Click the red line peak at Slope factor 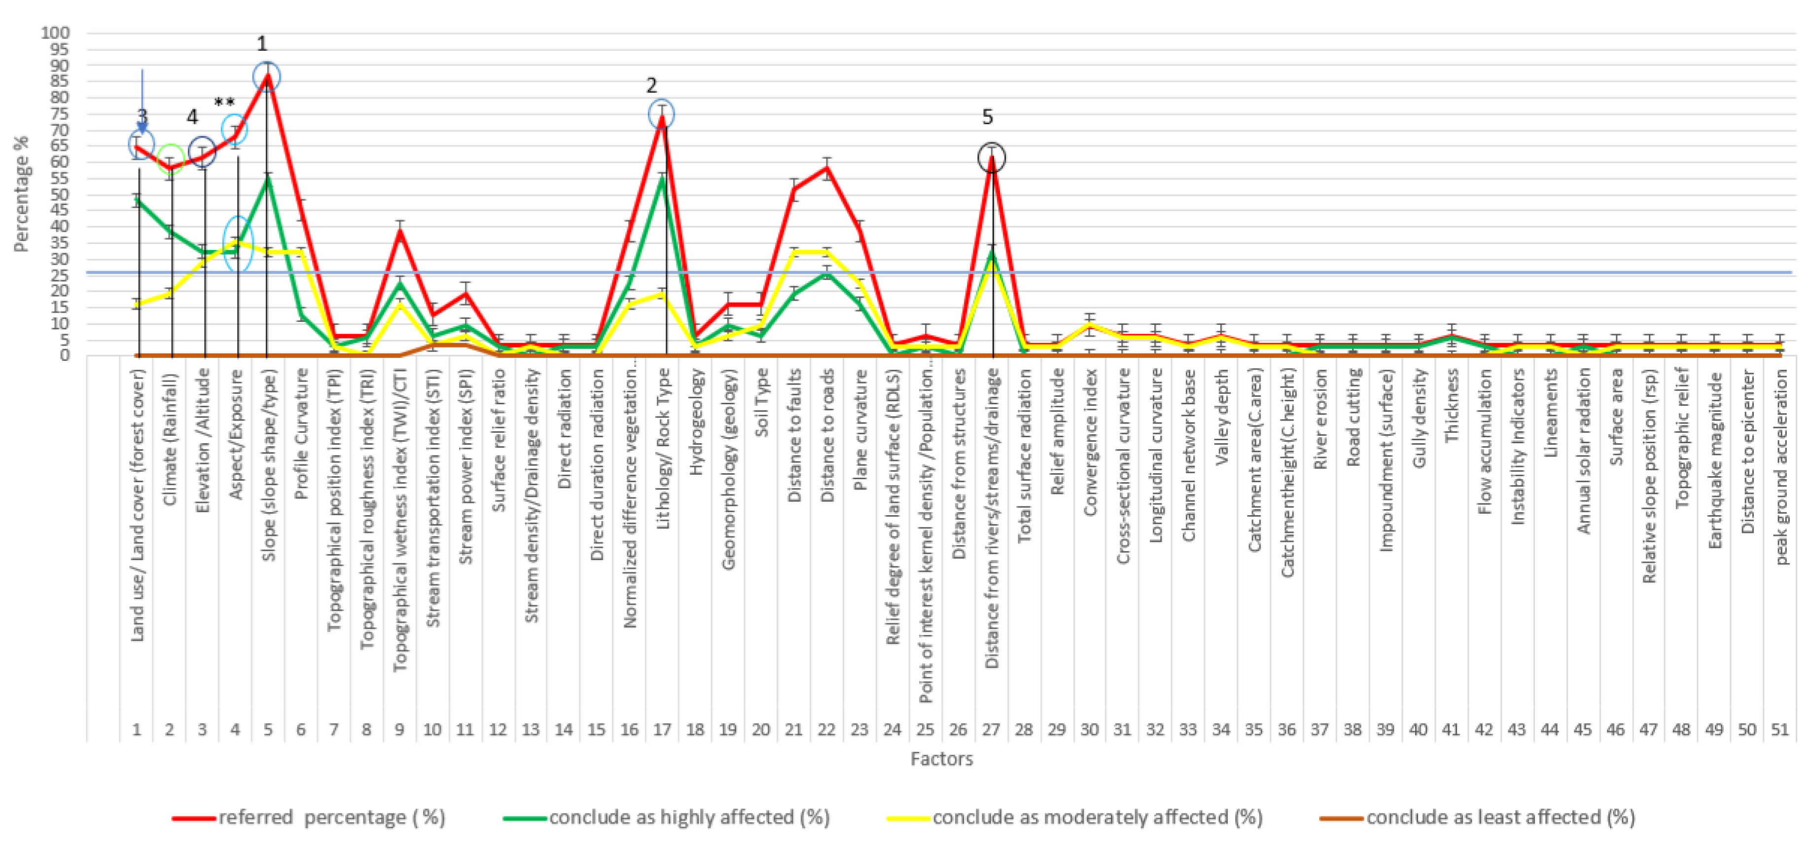click(267, 75)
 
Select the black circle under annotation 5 click(992, 157)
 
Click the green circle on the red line click(171, 158)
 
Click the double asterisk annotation click(224, 104)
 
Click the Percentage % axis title click(21, 194)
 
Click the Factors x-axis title click(941, 759)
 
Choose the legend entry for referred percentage click(310, 818)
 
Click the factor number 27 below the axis click(991, 729)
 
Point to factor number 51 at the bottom click(1780, 729)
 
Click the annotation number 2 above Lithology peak click(651, 85)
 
